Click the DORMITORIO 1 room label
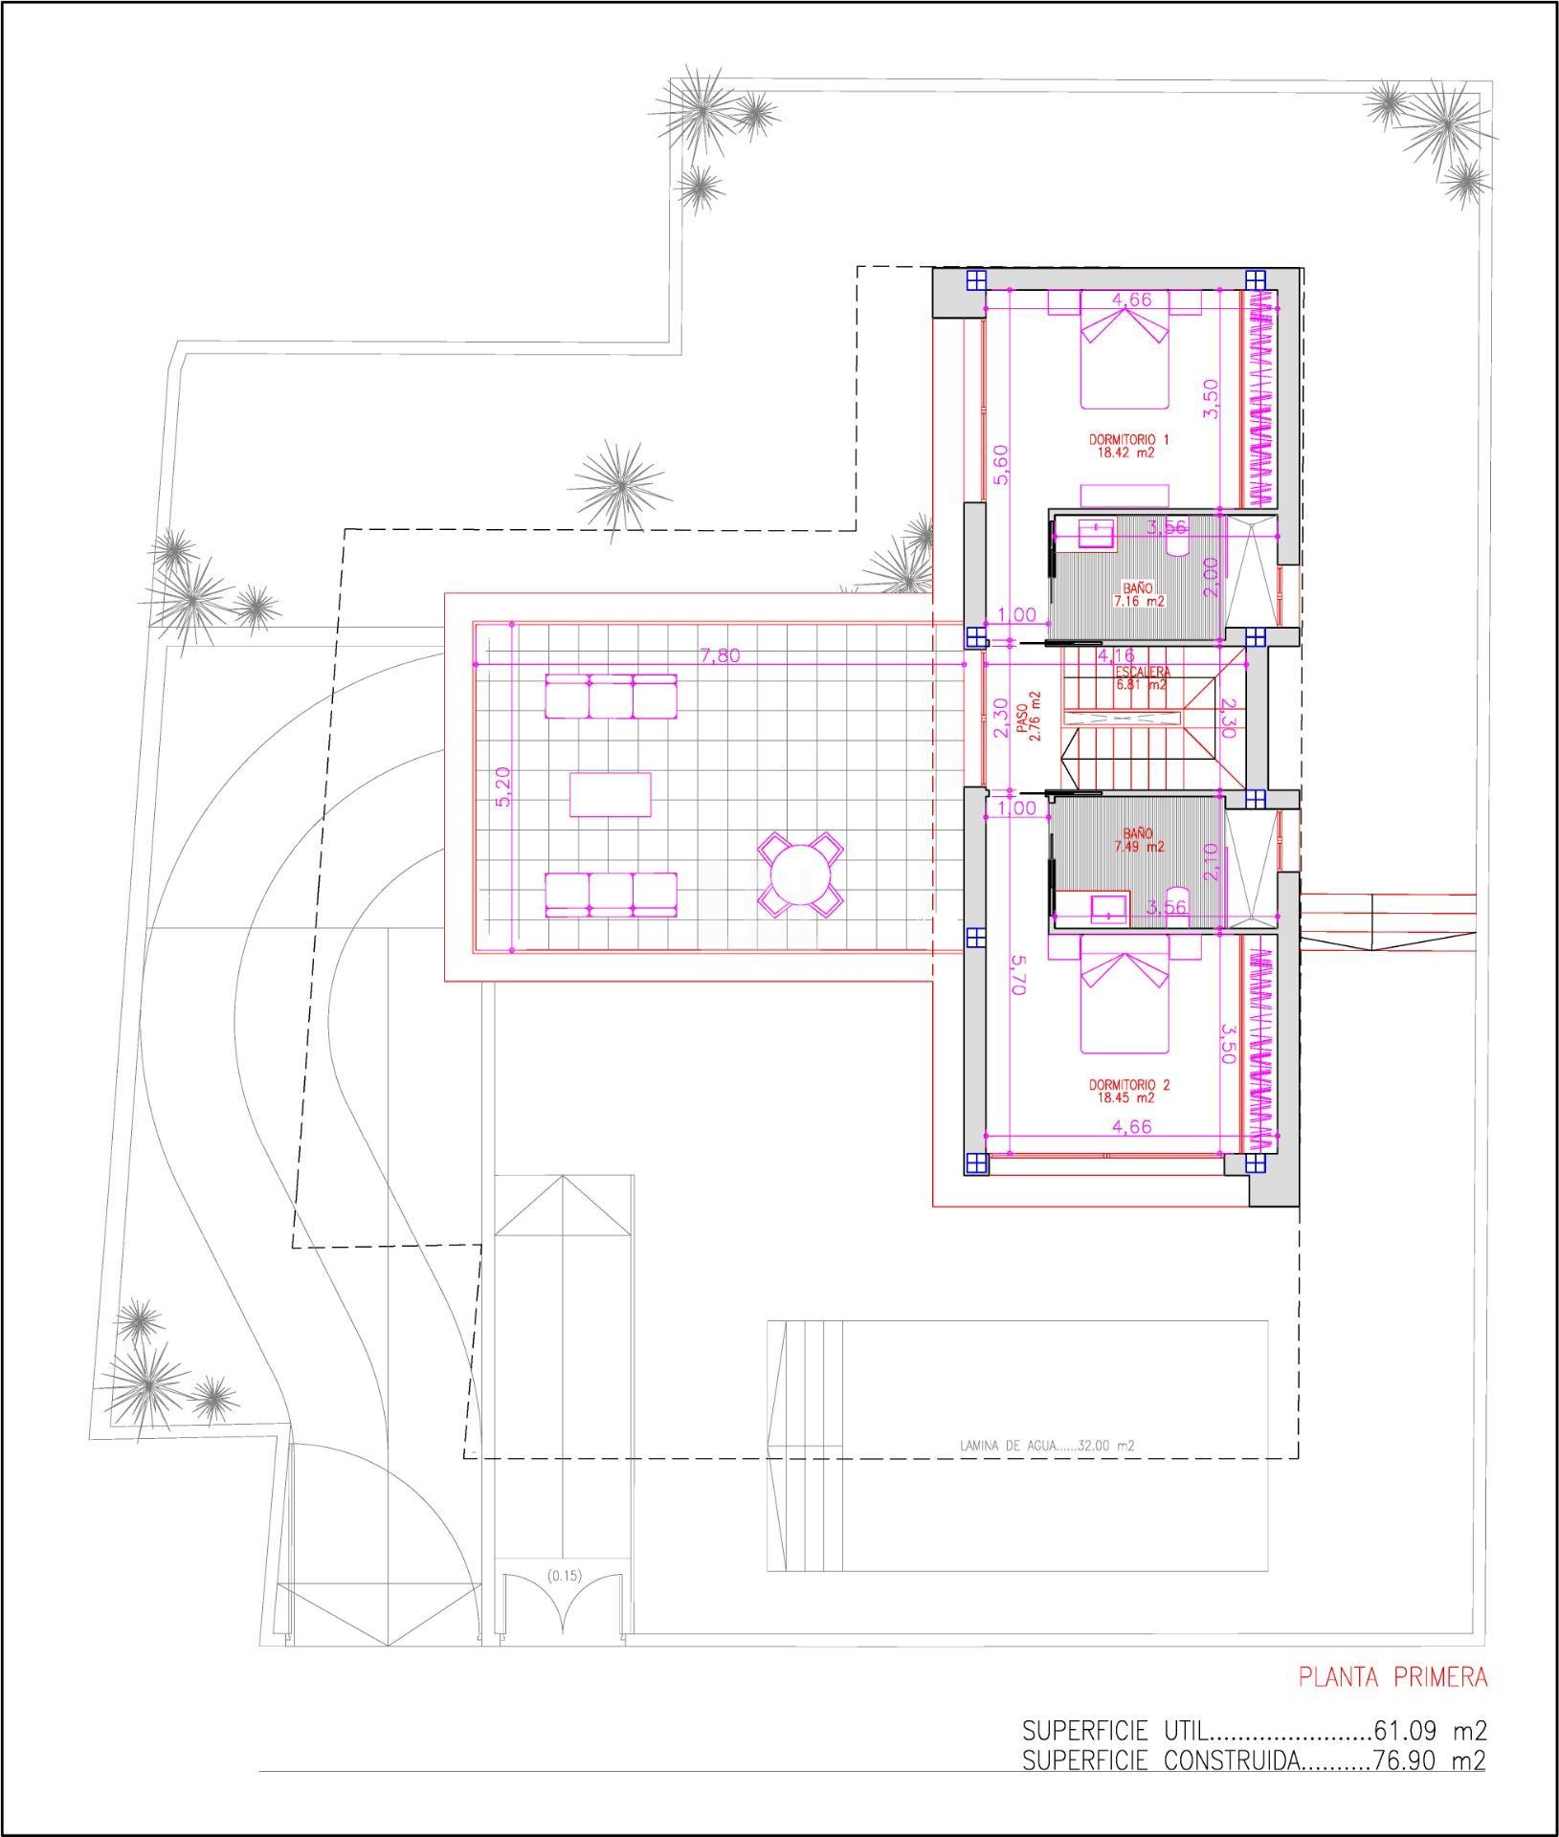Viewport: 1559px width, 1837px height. click(x=1129, y=446)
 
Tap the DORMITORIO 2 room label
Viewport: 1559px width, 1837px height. click(x=1129, y=1092)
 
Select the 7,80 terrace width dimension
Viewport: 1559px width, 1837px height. click(x=720, y=656)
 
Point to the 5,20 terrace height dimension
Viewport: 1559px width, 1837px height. click(x=503, y=787)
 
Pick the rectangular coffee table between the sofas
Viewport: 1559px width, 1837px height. click(x=611, y=794)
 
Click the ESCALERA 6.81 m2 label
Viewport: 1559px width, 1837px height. click(x=1141, y=678)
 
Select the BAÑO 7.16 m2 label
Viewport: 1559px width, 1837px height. click(x=1139, y=595)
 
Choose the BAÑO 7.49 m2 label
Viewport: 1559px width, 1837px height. click(x=1139, y=840)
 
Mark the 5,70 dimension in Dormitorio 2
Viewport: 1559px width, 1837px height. click(x=1016, y=975)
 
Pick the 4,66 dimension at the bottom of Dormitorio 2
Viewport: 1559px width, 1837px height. click(x=1131, y=1126)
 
